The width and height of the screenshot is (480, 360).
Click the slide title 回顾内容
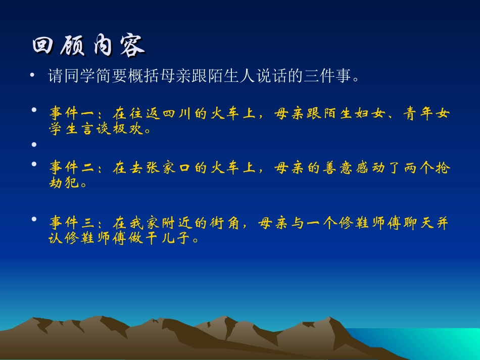[x=88, y=46]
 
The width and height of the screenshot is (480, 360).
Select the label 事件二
[x=72, y=168]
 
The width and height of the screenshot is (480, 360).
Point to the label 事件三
[x=72, y=223]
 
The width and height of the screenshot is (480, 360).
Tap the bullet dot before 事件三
[x=34, y=219]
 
